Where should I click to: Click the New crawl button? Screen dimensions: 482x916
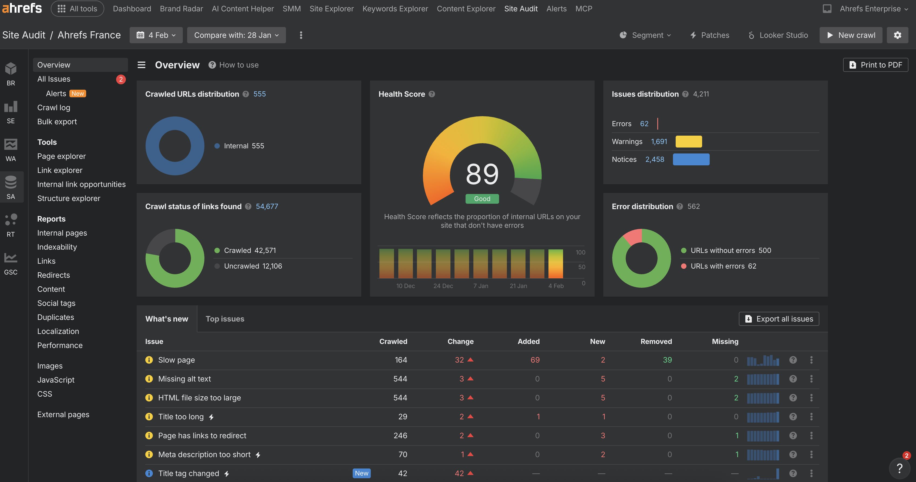[x=851, y=35]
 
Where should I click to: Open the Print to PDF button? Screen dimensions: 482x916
[x=875, y=65]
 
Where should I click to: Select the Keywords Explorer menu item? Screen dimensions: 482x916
[x=395, y=9]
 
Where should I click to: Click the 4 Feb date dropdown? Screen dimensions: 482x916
[x=156, y=35]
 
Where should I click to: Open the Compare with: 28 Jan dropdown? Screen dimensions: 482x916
[x=236, y=35]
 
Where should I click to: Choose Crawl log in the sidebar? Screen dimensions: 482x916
[x=54, y=108]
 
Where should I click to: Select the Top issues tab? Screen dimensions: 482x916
[x=225, y=319]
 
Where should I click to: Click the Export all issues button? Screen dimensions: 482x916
[x=779, y=319]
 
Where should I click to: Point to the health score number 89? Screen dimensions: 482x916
[x=482, y=174]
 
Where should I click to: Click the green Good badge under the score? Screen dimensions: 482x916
[x=482, y=199]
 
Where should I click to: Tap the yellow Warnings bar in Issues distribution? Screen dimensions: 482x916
[x=688, y=142]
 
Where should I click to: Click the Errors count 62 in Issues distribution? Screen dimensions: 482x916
[x=644, y=124]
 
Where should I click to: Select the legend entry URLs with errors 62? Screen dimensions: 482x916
[x=723, y=266]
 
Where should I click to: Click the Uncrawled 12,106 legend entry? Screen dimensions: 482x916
[x=252, y=266]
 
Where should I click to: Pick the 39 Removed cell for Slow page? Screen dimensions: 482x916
[x=667, y=360]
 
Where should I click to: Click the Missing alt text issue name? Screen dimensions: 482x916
[x=184, y=379]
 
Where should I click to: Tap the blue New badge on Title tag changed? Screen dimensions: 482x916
[x=361, y=473]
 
